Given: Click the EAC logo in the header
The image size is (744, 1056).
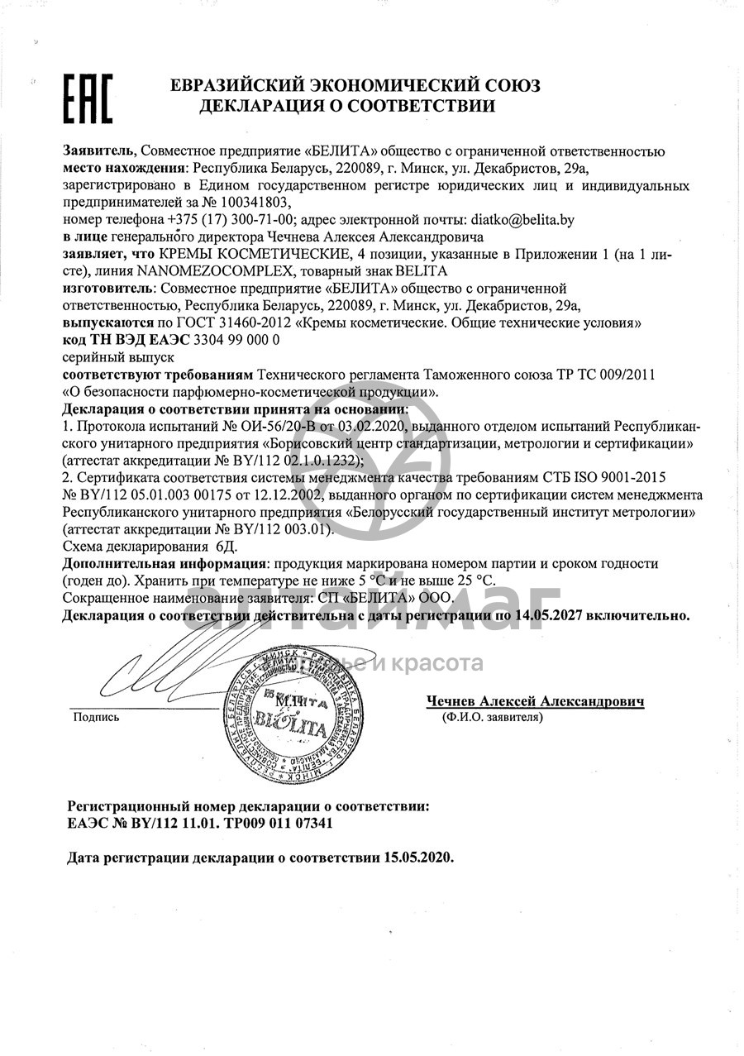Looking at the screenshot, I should [88, 99].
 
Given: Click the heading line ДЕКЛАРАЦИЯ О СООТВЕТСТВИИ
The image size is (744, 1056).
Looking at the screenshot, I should [347, 106].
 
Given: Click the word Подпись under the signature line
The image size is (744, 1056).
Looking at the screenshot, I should [97, 717].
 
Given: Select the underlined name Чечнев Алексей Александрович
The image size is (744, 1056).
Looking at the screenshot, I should [535, 701].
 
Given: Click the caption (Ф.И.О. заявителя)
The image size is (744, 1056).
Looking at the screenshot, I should [493, 718].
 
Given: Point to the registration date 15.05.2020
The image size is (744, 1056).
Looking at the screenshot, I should [418, 858].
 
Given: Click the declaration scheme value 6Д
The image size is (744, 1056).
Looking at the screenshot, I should [225, 547].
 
